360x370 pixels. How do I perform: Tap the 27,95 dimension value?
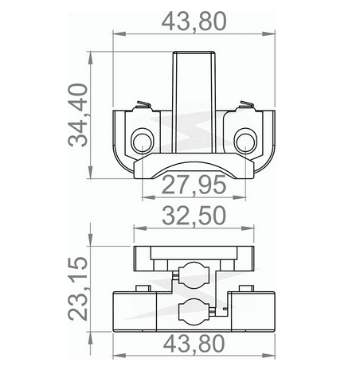[x=194, y=186]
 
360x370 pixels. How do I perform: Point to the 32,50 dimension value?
[x=194, y=216]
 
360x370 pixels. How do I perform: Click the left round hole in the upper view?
[x=144, y=142]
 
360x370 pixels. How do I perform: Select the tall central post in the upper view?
[x=194, y=95]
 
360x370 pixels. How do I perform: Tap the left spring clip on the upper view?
[x=141, y=106]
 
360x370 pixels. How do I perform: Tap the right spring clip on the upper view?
[x=246, y=106]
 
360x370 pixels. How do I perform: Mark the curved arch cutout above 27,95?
[x=194, y=168]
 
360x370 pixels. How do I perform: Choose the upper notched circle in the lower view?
[x=194, y=273]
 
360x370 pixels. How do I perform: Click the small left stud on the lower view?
[x=141, y=288]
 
